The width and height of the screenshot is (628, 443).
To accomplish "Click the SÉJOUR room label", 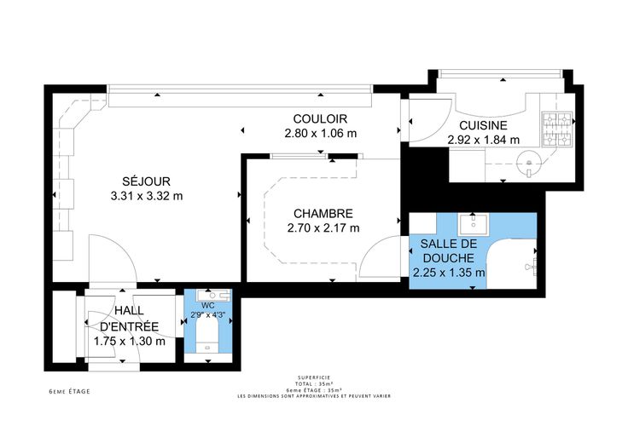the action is [146, 181].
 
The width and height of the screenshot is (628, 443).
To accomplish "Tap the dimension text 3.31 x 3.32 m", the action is [147, 196].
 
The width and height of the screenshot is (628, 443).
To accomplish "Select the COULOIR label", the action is [320, 118].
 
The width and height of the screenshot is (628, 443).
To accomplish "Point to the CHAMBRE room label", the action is [323, 214].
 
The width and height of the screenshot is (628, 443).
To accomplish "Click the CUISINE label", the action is [483, 125].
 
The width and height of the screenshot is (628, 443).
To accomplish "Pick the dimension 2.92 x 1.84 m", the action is [484, 140].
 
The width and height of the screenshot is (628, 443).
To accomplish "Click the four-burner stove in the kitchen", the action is [556, 129].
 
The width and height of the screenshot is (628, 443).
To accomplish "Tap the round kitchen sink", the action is [529, 163].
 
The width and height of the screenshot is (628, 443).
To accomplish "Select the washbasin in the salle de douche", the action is [474, 224].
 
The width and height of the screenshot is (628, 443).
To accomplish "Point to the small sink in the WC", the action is [213, 295].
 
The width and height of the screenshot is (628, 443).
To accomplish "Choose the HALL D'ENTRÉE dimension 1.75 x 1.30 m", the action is [130, 341].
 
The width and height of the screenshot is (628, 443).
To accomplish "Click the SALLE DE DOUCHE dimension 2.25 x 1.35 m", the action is [449, 273].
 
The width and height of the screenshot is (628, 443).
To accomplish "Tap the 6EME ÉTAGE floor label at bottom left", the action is [69, 391].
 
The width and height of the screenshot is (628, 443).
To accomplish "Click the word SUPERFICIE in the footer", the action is [314, 377].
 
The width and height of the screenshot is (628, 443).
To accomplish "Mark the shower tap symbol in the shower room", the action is [532, 266].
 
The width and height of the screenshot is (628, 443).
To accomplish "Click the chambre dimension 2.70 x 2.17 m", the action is [323, 228].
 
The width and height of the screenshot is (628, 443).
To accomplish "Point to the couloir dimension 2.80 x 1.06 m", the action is [321, 133].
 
